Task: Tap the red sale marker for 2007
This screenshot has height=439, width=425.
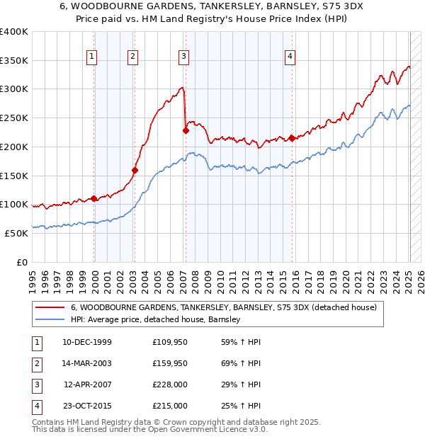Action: [x=186, y=130]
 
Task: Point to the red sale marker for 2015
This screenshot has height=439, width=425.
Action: [x=292, y=138]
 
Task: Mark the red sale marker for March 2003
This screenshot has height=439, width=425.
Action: [x=135, y=170]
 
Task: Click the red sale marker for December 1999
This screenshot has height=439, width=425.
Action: [x=94, y=198]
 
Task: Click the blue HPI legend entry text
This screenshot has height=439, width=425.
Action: [x=156, y=319]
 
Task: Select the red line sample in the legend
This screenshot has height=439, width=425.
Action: [x=50, y=307]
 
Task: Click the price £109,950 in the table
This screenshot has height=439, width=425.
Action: [x=170, y=342]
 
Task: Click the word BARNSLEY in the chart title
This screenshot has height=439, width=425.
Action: [x=288, y=8]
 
